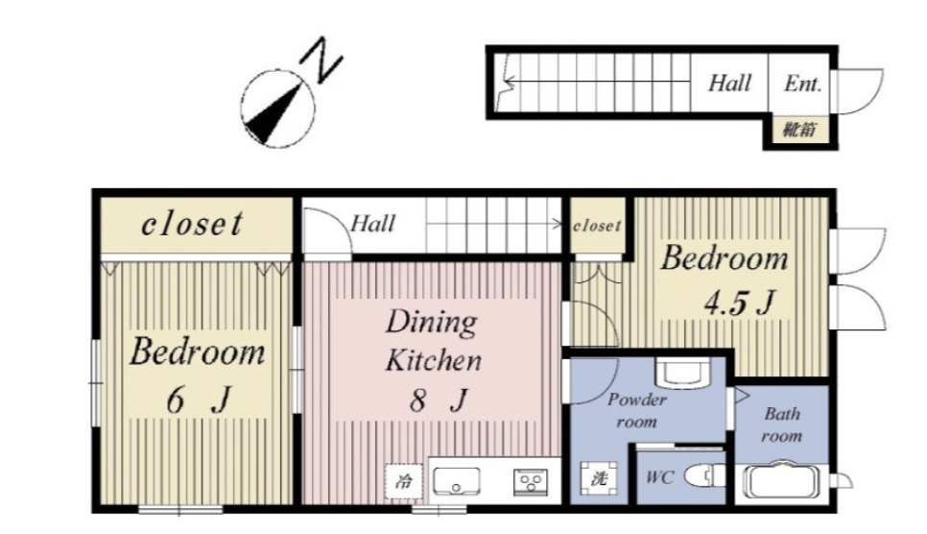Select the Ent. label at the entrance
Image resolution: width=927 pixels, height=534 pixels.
pyautogui.click(x=802, y=84)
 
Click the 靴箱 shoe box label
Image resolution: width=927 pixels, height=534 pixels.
pyautogui.click(x=800, y=130)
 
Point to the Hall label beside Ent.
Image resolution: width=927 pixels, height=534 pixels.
pyautogui.click(x=729, y=83)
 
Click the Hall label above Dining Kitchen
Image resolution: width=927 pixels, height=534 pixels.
pyautogui.click(x=372, y=224)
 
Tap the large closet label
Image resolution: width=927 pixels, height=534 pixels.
pyautogui.click(x=192, y=224)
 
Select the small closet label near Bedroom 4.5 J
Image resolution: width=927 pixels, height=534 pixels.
pyautogui.click(x=597, y=226)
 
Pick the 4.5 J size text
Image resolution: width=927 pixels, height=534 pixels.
pyautogui.click(x=739, y=302)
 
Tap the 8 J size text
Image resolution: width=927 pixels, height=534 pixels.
pyautogui.click(x=439, y=400)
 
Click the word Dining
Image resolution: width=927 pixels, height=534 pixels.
pyautogui.click(x=432, y=323)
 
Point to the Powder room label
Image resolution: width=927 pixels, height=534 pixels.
pyautogui.click(x=637, y=410)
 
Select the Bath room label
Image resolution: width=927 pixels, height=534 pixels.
pyautogui.click(x=781, y=425)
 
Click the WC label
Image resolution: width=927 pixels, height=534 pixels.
pyautogui.click(x=659, y=476)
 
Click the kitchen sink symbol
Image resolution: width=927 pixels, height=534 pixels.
pyautogui.click(x=456, y=481)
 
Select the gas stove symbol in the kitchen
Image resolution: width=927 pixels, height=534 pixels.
pyautogui.click(x=531, y=481)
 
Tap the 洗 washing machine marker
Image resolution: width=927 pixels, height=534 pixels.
pyautogui.click(x=599, y=477)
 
